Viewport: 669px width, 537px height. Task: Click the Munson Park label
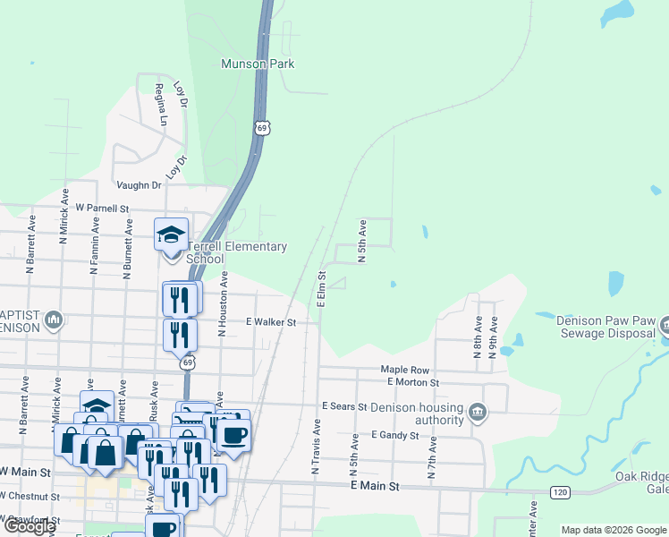[x=258, y=64]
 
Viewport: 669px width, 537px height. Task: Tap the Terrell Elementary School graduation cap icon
[x=171, y=234]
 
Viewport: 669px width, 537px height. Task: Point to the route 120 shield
[x=560, y=492]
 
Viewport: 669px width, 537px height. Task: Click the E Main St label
[x=373, y=486]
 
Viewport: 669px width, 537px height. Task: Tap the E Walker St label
[x=271, y=321]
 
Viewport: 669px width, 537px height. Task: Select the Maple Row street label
[x=405, y=369]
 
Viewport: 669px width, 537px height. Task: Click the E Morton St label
[x=412, y=382]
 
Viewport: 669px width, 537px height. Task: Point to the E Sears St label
[x=344, y=406]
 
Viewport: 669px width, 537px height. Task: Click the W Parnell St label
[x=102, y=209]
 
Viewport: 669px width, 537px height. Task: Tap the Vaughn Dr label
[x=139, y=185]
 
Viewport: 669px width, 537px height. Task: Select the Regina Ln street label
[x=161, y=104]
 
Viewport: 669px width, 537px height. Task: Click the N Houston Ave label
[x=223, y=304]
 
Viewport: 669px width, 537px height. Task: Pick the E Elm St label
[x=320, y=287]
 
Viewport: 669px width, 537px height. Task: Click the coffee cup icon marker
[x=233, y=435]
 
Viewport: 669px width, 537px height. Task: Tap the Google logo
[x=30, y=526]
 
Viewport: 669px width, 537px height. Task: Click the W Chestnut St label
[x=30, y=496]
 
